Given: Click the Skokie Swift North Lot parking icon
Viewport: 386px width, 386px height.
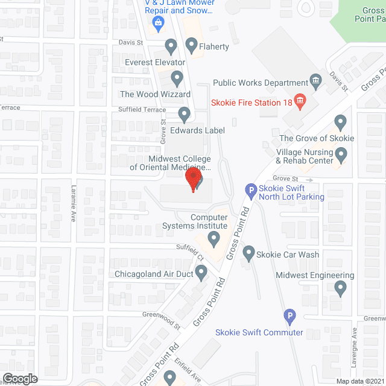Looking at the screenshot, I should pyautogui.click(x=251, y=191).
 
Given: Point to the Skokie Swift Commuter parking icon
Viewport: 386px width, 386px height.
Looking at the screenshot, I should pyautogui.click(x=289, y=315).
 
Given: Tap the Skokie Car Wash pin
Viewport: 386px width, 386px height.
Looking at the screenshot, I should pyautogui.click(x=248, y=253).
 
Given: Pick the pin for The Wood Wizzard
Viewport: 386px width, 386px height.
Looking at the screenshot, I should pyautogui.click(x=177, y=78).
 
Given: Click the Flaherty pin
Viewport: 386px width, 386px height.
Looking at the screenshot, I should pyautogui.click(x=192, y=45).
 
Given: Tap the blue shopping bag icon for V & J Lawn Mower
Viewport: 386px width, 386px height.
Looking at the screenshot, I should pyautogui.click(x=159, y=24).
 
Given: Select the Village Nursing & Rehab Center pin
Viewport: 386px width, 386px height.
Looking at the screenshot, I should pyautogui.click(x=341, y=157).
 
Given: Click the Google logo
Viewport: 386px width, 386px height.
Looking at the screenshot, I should pyautogui.click(x=20, y=378).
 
